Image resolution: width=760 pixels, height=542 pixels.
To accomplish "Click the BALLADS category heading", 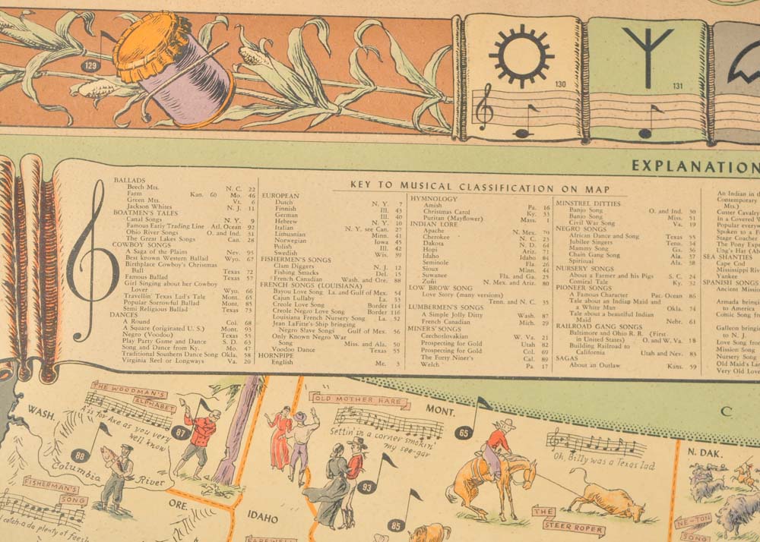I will [130, 180].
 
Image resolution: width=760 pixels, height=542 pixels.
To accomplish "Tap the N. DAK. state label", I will [703, 452].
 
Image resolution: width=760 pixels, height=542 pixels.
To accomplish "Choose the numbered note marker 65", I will [464, 433].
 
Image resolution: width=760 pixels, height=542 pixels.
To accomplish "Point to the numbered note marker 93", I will [367, 487].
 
